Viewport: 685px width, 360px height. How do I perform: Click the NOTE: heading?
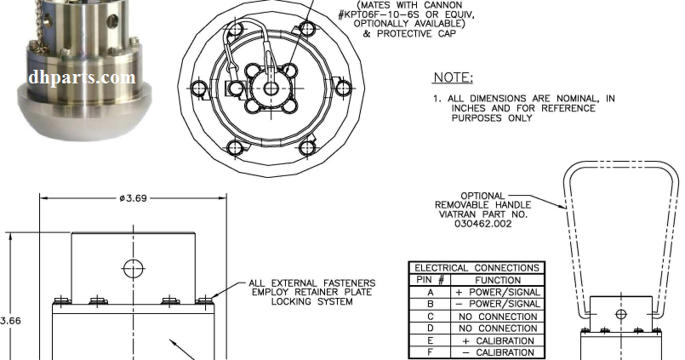click(454, 78)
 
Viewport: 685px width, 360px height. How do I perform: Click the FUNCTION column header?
click(498, 279)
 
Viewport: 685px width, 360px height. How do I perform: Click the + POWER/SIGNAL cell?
click(498, 292)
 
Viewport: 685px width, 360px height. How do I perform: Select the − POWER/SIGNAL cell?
click(498, 304)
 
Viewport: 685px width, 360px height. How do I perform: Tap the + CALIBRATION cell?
click(498, 340)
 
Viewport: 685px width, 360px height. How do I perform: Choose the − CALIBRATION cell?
click(498, 352)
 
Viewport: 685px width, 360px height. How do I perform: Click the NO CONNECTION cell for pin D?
click(498, 329)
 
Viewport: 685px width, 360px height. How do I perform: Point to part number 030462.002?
click(482, 226)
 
